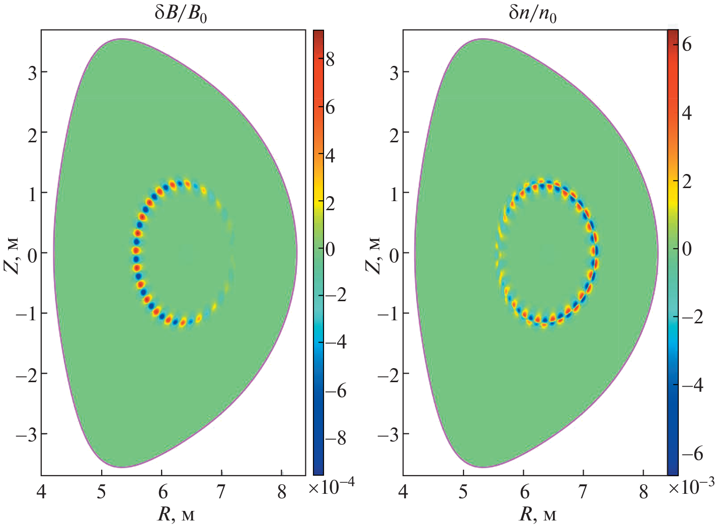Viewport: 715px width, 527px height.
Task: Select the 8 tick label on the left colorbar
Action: [330, 60]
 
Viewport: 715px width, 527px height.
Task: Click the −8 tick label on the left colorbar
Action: [335, 438]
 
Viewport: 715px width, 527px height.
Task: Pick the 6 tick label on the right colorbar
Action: [686, 44]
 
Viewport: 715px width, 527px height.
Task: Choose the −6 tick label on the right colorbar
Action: [691, 454]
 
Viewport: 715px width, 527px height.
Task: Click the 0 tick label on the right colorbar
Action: [686, 248]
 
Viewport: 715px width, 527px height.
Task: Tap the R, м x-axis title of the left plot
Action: [176, 514]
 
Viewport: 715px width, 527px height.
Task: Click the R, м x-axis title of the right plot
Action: [537, 514]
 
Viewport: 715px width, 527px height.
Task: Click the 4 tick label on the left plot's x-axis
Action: [41, 492]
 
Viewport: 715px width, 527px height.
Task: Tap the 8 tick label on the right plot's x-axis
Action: [644, 492]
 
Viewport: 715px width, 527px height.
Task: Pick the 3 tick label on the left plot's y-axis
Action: [32, 72]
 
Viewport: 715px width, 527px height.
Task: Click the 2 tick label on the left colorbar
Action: [330, 204]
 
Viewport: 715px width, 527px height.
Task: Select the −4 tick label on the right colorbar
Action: [691, 385]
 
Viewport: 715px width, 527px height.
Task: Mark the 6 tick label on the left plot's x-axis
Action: [162, 492]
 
